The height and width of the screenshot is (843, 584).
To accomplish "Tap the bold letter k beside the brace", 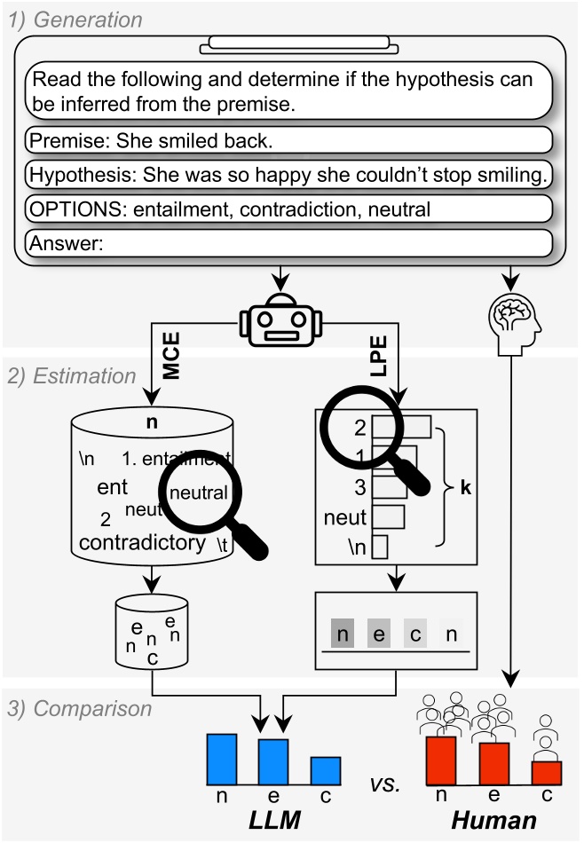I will point(467,487).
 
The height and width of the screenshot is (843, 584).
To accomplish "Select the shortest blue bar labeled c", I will point(326,768).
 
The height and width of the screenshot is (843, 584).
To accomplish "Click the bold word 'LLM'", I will point(274,821).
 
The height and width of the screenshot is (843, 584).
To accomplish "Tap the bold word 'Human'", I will point(493,821).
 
